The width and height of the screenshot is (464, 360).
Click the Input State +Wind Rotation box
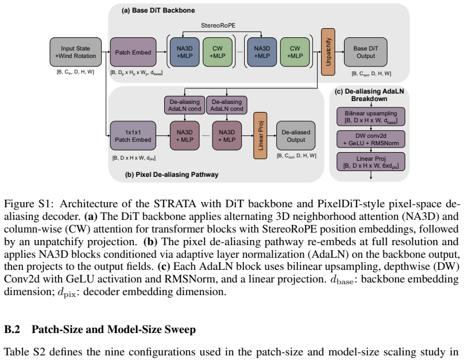pos(75,52)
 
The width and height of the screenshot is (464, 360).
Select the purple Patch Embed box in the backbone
pos(133,52)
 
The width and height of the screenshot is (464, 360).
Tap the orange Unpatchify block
pos(328,52)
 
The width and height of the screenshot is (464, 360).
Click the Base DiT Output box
pos(365,52)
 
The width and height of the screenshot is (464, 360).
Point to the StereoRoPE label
pos(218,25)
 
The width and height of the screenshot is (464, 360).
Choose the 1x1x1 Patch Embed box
pos(133,136)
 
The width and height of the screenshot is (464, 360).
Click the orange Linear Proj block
pos(260,136)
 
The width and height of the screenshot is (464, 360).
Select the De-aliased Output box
pos(296,136)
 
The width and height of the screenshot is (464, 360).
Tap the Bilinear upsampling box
pos(371,117)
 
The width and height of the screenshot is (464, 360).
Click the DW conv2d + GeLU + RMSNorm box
pos(371,140)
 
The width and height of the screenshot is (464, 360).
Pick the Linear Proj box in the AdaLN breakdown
pos(371,162)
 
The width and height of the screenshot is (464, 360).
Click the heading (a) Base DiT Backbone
pos(158,10)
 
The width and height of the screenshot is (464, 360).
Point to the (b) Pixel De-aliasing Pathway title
pos(172,175)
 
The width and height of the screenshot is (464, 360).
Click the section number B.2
pos(12,330)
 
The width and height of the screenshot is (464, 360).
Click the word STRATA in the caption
pos(175,204)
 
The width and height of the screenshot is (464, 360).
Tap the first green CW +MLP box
pos(218,52)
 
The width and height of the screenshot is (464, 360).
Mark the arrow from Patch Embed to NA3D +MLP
pos(161,52)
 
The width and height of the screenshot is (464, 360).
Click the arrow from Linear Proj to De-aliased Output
pos(272,136)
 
